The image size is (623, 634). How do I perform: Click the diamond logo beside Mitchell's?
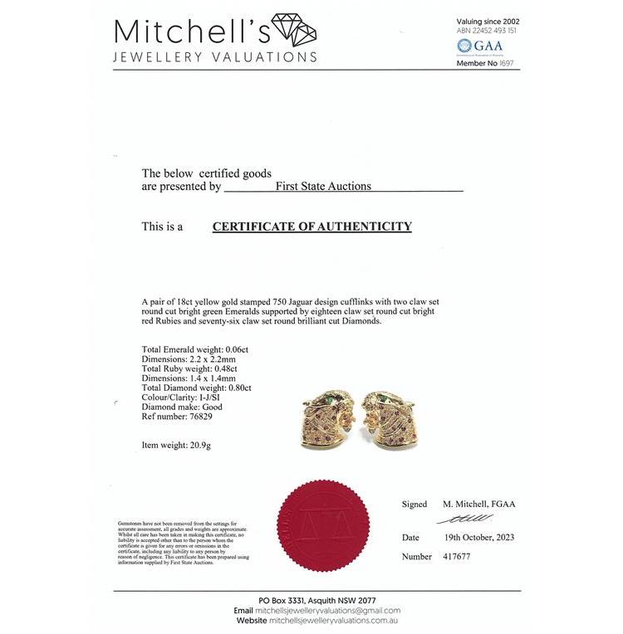[293, 30]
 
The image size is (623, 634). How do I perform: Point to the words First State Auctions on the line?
[323, 187]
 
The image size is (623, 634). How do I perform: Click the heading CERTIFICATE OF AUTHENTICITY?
[311, 227]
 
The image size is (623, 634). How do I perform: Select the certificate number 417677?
[454, 557]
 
